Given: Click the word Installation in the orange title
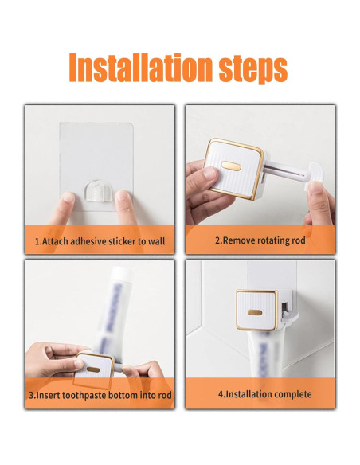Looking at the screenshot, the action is pyautogui.click(x=141, y=68).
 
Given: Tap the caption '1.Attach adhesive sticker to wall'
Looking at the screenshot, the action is pyautogui.click(x=100, y=241).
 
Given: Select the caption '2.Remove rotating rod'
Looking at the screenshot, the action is pyautogui.click(x=260, y=240).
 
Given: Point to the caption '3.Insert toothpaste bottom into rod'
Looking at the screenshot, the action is pyautogui.click(x=100, y=395).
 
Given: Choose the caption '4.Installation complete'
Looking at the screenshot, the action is pyautogui.click(x=264, y=394).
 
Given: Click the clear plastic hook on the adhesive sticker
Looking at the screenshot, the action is pyautogui.click(x=96, y=191).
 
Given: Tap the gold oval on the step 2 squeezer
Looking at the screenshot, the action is pyautogui.click(x=231, y=166).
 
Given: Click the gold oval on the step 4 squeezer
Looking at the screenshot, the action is pyautogui.click(x=255, y=312).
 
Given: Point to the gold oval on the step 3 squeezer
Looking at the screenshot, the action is pyautogui.click(x=93, y=369).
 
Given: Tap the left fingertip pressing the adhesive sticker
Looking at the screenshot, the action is pyautogui.click(x=68, y=198).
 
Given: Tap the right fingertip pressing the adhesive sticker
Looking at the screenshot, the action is pyautogui.click(x=123, y=197).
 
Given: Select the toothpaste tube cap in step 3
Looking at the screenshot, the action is pyautogui.click(x=122, y=272).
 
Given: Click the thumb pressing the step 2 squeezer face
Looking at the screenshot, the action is pyautogui.click(x=209, y=175).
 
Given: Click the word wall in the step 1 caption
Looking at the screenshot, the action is pyautogui.click(x=156, y=240).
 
